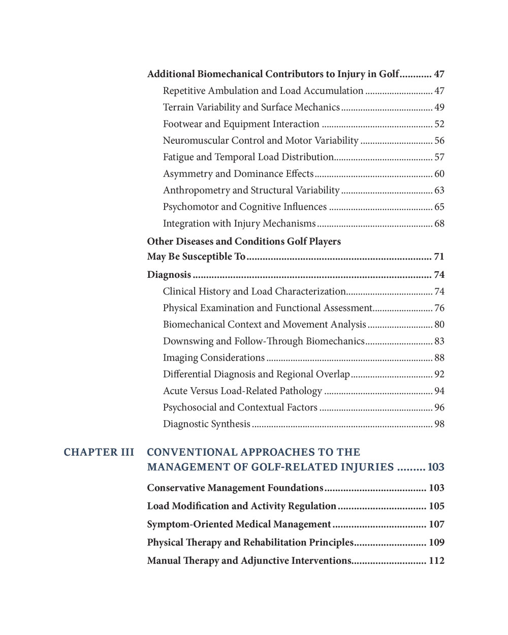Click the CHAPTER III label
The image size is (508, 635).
click(99, 452)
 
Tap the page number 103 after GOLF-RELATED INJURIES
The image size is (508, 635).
click(436, 467)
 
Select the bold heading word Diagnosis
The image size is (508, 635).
click(169, 275)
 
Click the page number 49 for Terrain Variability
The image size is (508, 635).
click(439, 107)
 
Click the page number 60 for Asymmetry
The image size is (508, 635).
click(439, 174)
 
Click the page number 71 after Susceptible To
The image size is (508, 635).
click(439, 257)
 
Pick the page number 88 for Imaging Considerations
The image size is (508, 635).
click(439, 358)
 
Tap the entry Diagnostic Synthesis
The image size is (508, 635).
click(207, 424)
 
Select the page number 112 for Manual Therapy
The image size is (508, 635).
click(436, 561)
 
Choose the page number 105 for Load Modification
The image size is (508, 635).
click(436, 506)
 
